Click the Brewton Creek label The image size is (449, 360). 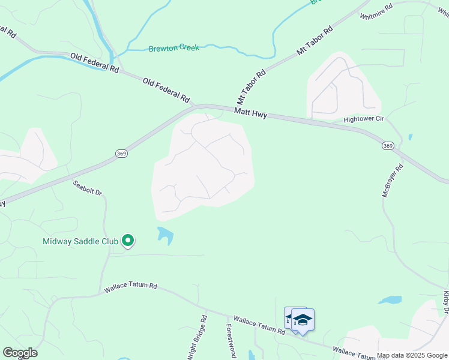tap(173, 47)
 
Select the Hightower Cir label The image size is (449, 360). tap(363, 119)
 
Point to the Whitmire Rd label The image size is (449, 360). tap(376, 11)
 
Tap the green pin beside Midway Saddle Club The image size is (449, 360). tap(127, 241)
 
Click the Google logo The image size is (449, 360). tap(20, 353)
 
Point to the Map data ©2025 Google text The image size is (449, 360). tap(412, 355)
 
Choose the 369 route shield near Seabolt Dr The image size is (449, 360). tap(121, 154)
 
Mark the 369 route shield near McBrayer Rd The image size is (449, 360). tap(388, 146)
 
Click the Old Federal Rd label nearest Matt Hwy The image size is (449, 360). tap(166, 89)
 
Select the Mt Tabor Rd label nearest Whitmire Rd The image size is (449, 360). tap(315, 41)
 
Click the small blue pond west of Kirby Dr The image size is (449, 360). tap(390, 299)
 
